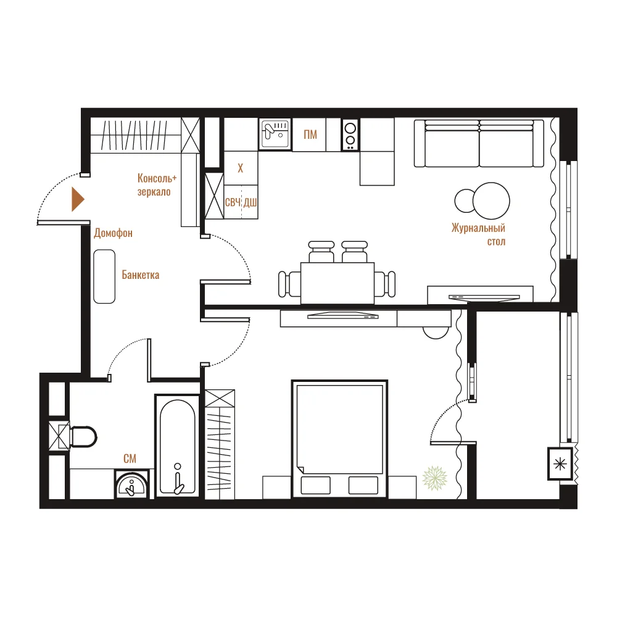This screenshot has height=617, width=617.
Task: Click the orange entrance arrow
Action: (x=78, y=199)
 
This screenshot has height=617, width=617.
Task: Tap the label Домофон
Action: (x=114, y=233)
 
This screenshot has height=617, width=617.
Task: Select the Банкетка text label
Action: (x=141, y=275)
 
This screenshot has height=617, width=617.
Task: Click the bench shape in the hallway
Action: (x=104, y=276)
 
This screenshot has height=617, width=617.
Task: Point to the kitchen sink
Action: (x=275, y=134)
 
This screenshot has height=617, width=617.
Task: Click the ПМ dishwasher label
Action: (x=310, y=135)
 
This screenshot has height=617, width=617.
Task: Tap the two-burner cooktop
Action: (x=350, y=135)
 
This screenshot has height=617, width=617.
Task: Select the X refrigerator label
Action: (x=241, y=168)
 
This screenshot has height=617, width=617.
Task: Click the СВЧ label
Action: (x=233, y=202)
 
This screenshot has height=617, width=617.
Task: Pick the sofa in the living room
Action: (x=479, y=143)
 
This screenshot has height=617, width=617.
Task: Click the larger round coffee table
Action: (x=491, y=201)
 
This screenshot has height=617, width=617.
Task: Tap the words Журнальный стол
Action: (x=479, y=234)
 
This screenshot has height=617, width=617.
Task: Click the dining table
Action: (x=337, y=283)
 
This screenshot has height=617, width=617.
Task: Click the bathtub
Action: (x=178, y=446)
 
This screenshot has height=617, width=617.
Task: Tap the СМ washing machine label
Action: (x=130, y=458)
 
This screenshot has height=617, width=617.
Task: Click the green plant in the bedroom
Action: (x=435, y=478)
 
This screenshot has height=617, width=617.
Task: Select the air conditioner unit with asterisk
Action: (x=560, y=465)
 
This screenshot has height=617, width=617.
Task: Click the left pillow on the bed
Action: (x=315, y=485)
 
